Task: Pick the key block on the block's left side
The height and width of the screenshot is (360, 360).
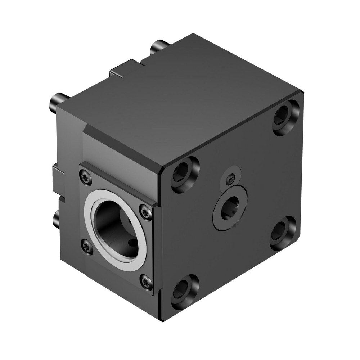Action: tap(59, 180)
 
